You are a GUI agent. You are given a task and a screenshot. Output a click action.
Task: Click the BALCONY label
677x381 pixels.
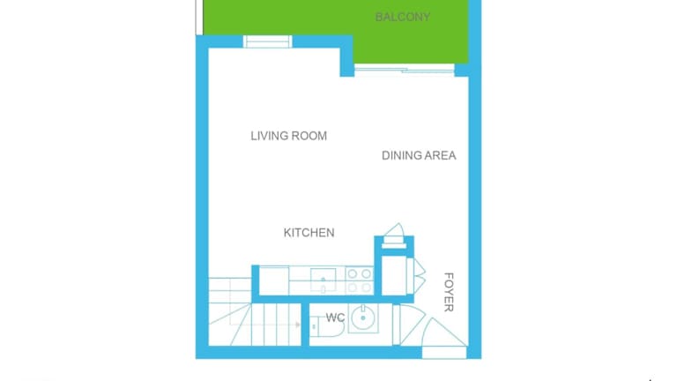402,18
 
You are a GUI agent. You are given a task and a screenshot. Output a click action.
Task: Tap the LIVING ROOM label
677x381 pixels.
289,136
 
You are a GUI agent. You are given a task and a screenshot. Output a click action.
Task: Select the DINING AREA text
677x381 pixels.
419,155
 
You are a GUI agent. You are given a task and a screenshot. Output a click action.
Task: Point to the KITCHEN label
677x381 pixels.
309,233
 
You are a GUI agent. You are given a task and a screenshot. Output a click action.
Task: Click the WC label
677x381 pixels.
336,317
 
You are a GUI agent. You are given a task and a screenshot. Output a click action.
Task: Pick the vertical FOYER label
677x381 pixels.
449,292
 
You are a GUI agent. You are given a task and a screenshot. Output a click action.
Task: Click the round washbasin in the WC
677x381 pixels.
362,317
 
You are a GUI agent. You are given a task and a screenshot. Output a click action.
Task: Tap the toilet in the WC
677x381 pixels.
327,327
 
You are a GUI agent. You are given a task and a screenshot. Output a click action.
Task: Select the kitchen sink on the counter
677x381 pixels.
323,280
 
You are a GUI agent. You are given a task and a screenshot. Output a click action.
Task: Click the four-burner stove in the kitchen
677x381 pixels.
360,280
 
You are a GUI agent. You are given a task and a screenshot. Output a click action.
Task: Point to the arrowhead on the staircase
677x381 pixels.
298,325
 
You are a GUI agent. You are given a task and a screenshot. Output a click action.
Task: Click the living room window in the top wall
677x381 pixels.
268,41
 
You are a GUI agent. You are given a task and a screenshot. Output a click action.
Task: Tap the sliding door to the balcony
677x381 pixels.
405,69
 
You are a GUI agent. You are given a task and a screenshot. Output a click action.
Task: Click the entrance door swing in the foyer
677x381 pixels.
444,332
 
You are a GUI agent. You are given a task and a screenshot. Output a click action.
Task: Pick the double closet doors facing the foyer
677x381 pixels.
416,275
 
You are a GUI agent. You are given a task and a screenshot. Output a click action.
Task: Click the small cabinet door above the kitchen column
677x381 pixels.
394,235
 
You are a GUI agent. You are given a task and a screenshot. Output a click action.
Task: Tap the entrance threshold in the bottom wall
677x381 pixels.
444,353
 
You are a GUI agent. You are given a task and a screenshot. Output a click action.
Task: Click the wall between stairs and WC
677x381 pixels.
305,325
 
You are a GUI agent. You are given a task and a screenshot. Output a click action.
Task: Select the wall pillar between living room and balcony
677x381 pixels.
347,56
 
